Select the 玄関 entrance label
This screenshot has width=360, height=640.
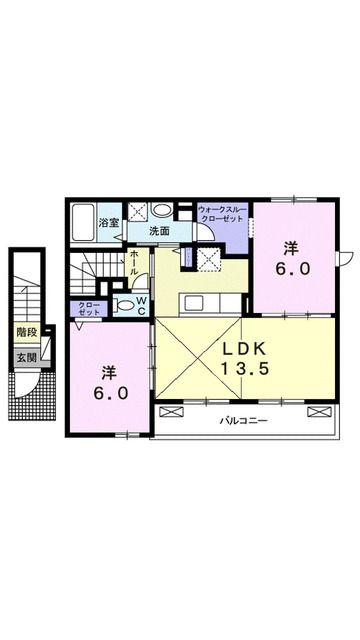click(24, 358)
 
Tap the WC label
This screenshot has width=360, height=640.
click(141, 304)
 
